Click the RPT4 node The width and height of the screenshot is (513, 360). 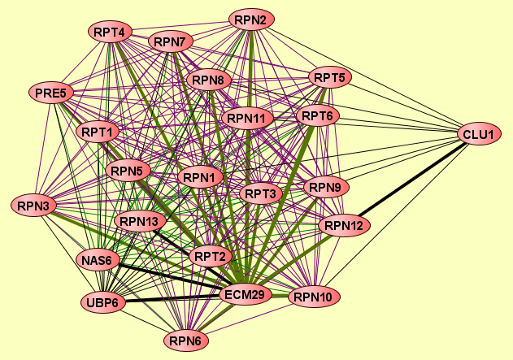109,33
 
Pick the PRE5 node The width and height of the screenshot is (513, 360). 50,93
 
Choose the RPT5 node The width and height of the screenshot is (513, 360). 329,78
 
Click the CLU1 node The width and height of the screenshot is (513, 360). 481,134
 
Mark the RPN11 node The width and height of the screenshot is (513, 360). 246,119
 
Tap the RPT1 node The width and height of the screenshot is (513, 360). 98,131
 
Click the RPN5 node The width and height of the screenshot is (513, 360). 128,171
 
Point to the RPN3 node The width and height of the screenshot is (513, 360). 33,205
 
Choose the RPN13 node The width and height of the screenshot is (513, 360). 141,221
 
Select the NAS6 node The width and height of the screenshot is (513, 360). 100,260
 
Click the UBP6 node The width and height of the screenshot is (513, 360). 103,303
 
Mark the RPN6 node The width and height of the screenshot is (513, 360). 186,340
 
